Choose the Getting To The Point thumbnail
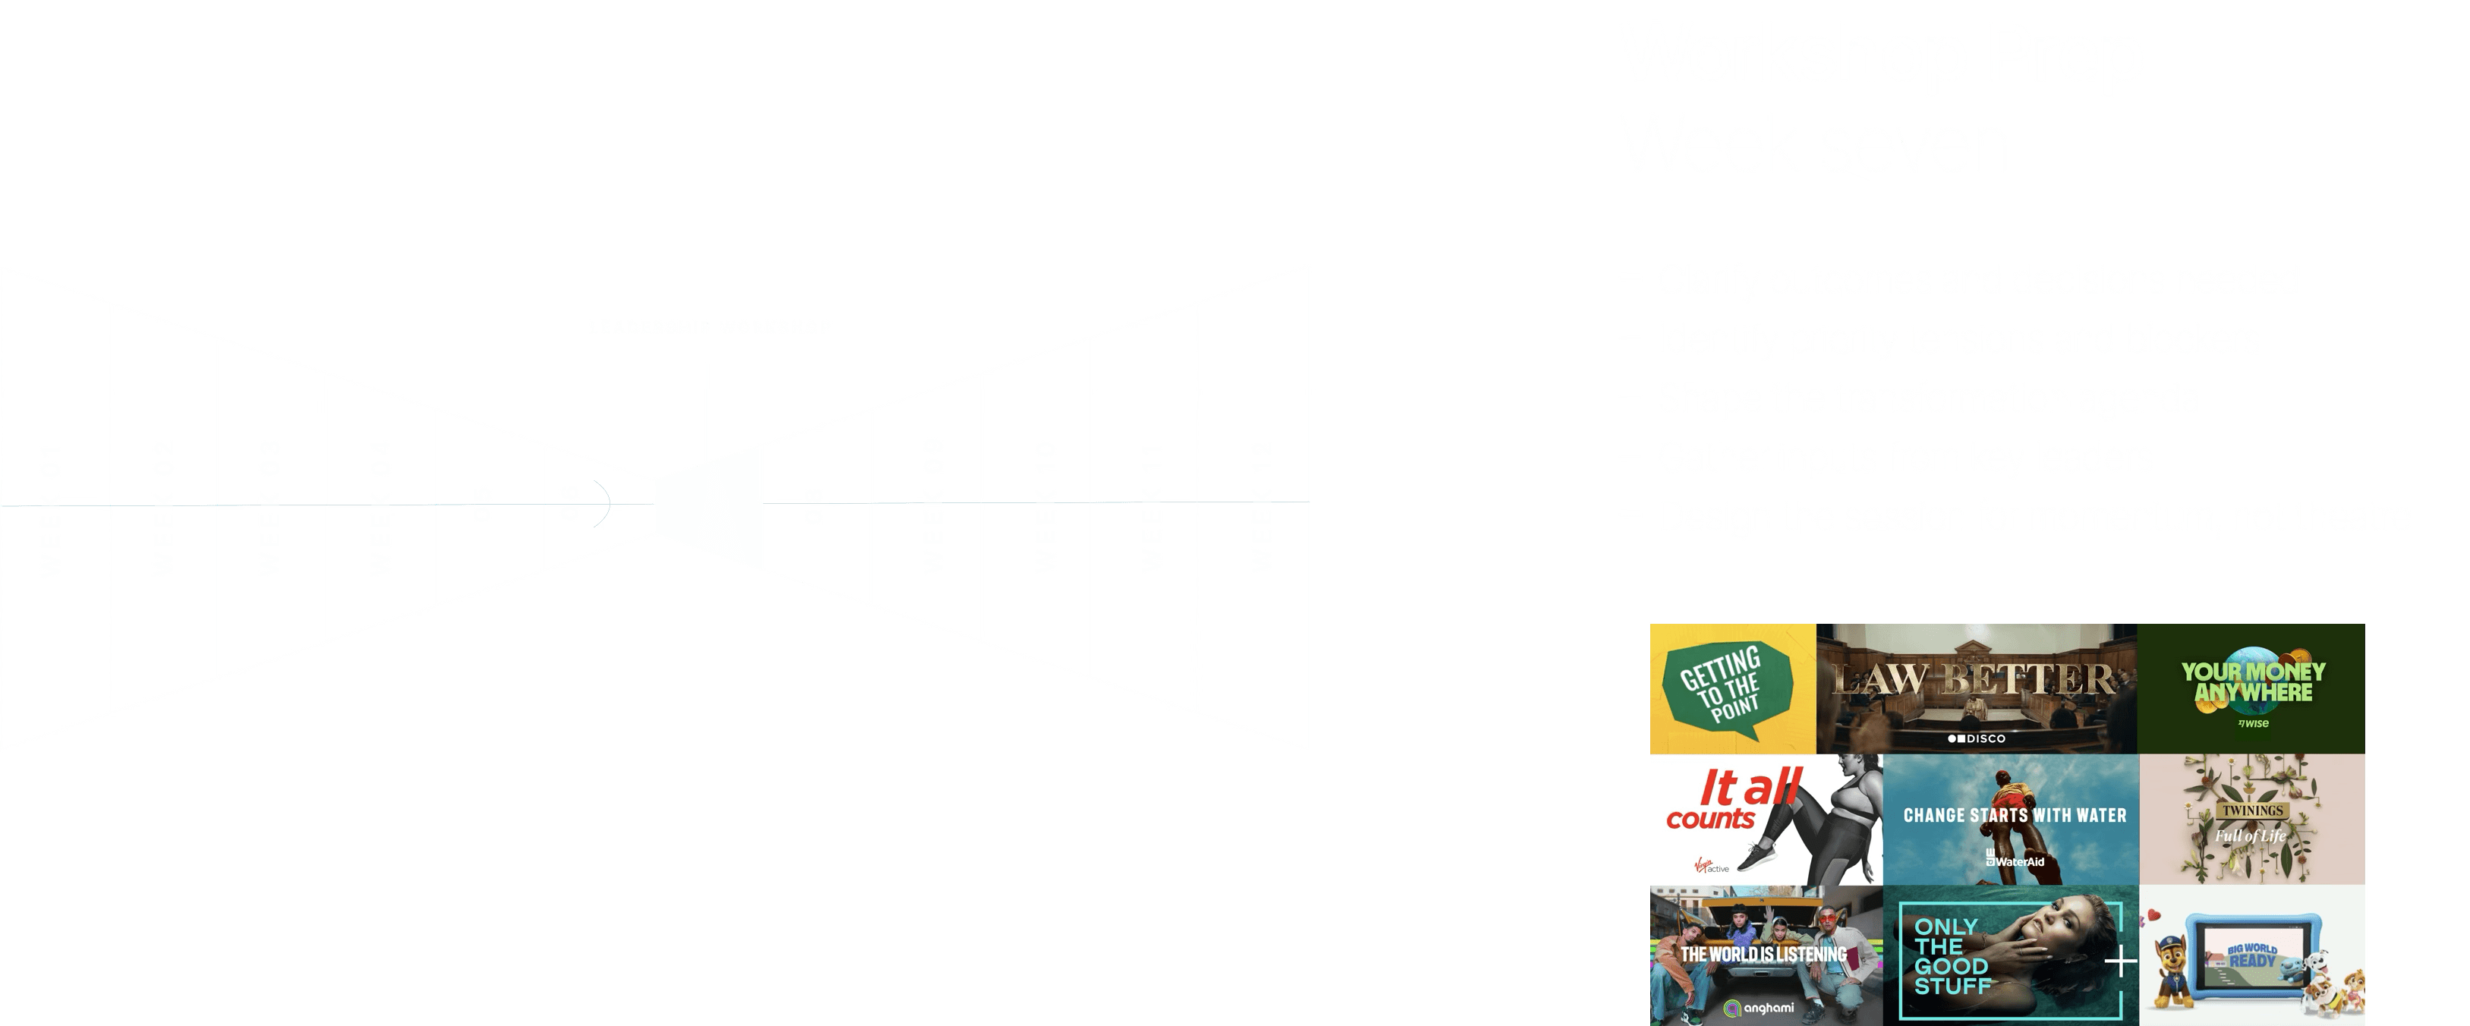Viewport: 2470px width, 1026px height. pos(1731,689)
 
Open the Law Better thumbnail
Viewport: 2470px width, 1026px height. pos(1975,688)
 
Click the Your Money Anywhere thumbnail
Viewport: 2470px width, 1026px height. pos(2252,688)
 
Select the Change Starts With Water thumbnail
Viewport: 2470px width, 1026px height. pos(2012,819)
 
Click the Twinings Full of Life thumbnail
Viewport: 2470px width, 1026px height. pos(2251,819)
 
